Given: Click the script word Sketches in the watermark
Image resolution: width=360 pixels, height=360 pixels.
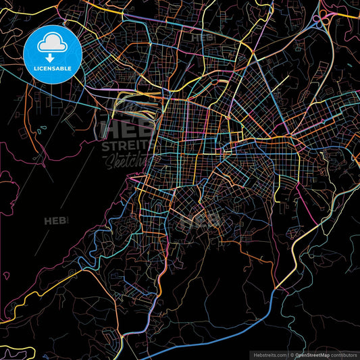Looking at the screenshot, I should (x=125, y=160).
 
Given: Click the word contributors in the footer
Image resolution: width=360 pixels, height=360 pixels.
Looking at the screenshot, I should (x=342, y=354).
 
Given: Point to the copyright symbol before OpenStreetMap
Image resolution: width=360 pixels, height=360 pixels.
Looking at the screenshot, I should (x=290, y=354).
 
